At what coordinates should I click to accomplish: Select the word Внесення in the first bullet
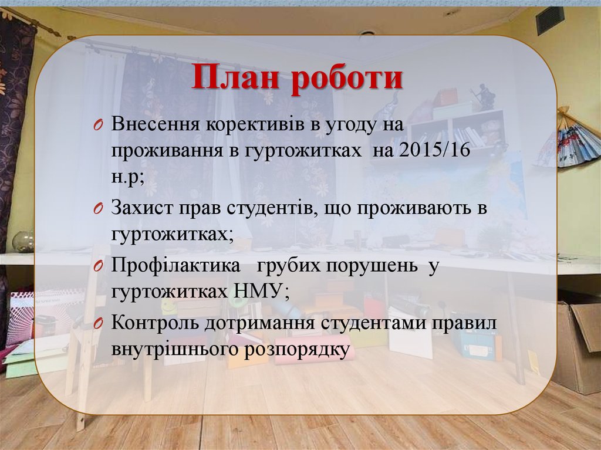pyautogui.click(x=154, y=125)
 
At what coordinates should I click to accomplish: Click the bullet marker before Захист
pyautogui.click(x=98, y=209)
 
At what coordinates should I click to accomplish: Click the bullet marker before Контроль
pyautogui.click(x=98, y=323)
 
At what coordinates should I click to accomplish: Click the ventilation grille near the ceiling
pyautogui.click(x=549, y=20)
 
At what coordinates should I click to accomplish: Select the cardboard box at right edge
pyautogui.click(x=578, y=346)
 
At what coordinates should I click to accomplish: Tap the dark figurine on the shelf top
pyautogui.click(x=485, y=96)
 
